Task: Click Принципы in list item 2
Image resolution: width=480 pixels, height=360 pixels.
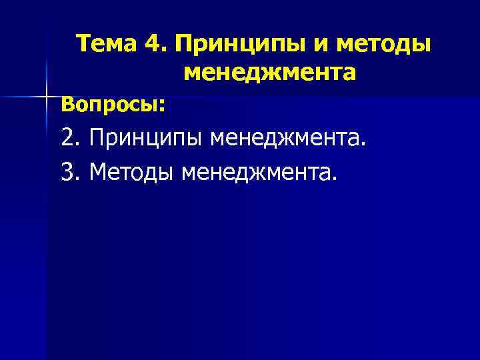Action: pyautogui.click(x=145, y=140)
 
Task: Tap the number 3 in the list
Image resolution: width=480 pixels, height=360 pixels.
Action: pyautogui.click(x=67, y=173)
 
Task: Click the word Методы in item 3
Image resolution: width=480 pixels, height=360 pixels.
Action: pyautogui.click(x=131, y=173)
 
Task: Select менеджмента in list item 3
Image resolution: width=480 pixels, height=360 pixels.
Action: pyautogui.click(x=257, y=173)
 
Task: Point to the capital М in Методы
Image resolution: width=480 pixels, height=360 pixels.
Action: pyautogui.click(x=97, y=173)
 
